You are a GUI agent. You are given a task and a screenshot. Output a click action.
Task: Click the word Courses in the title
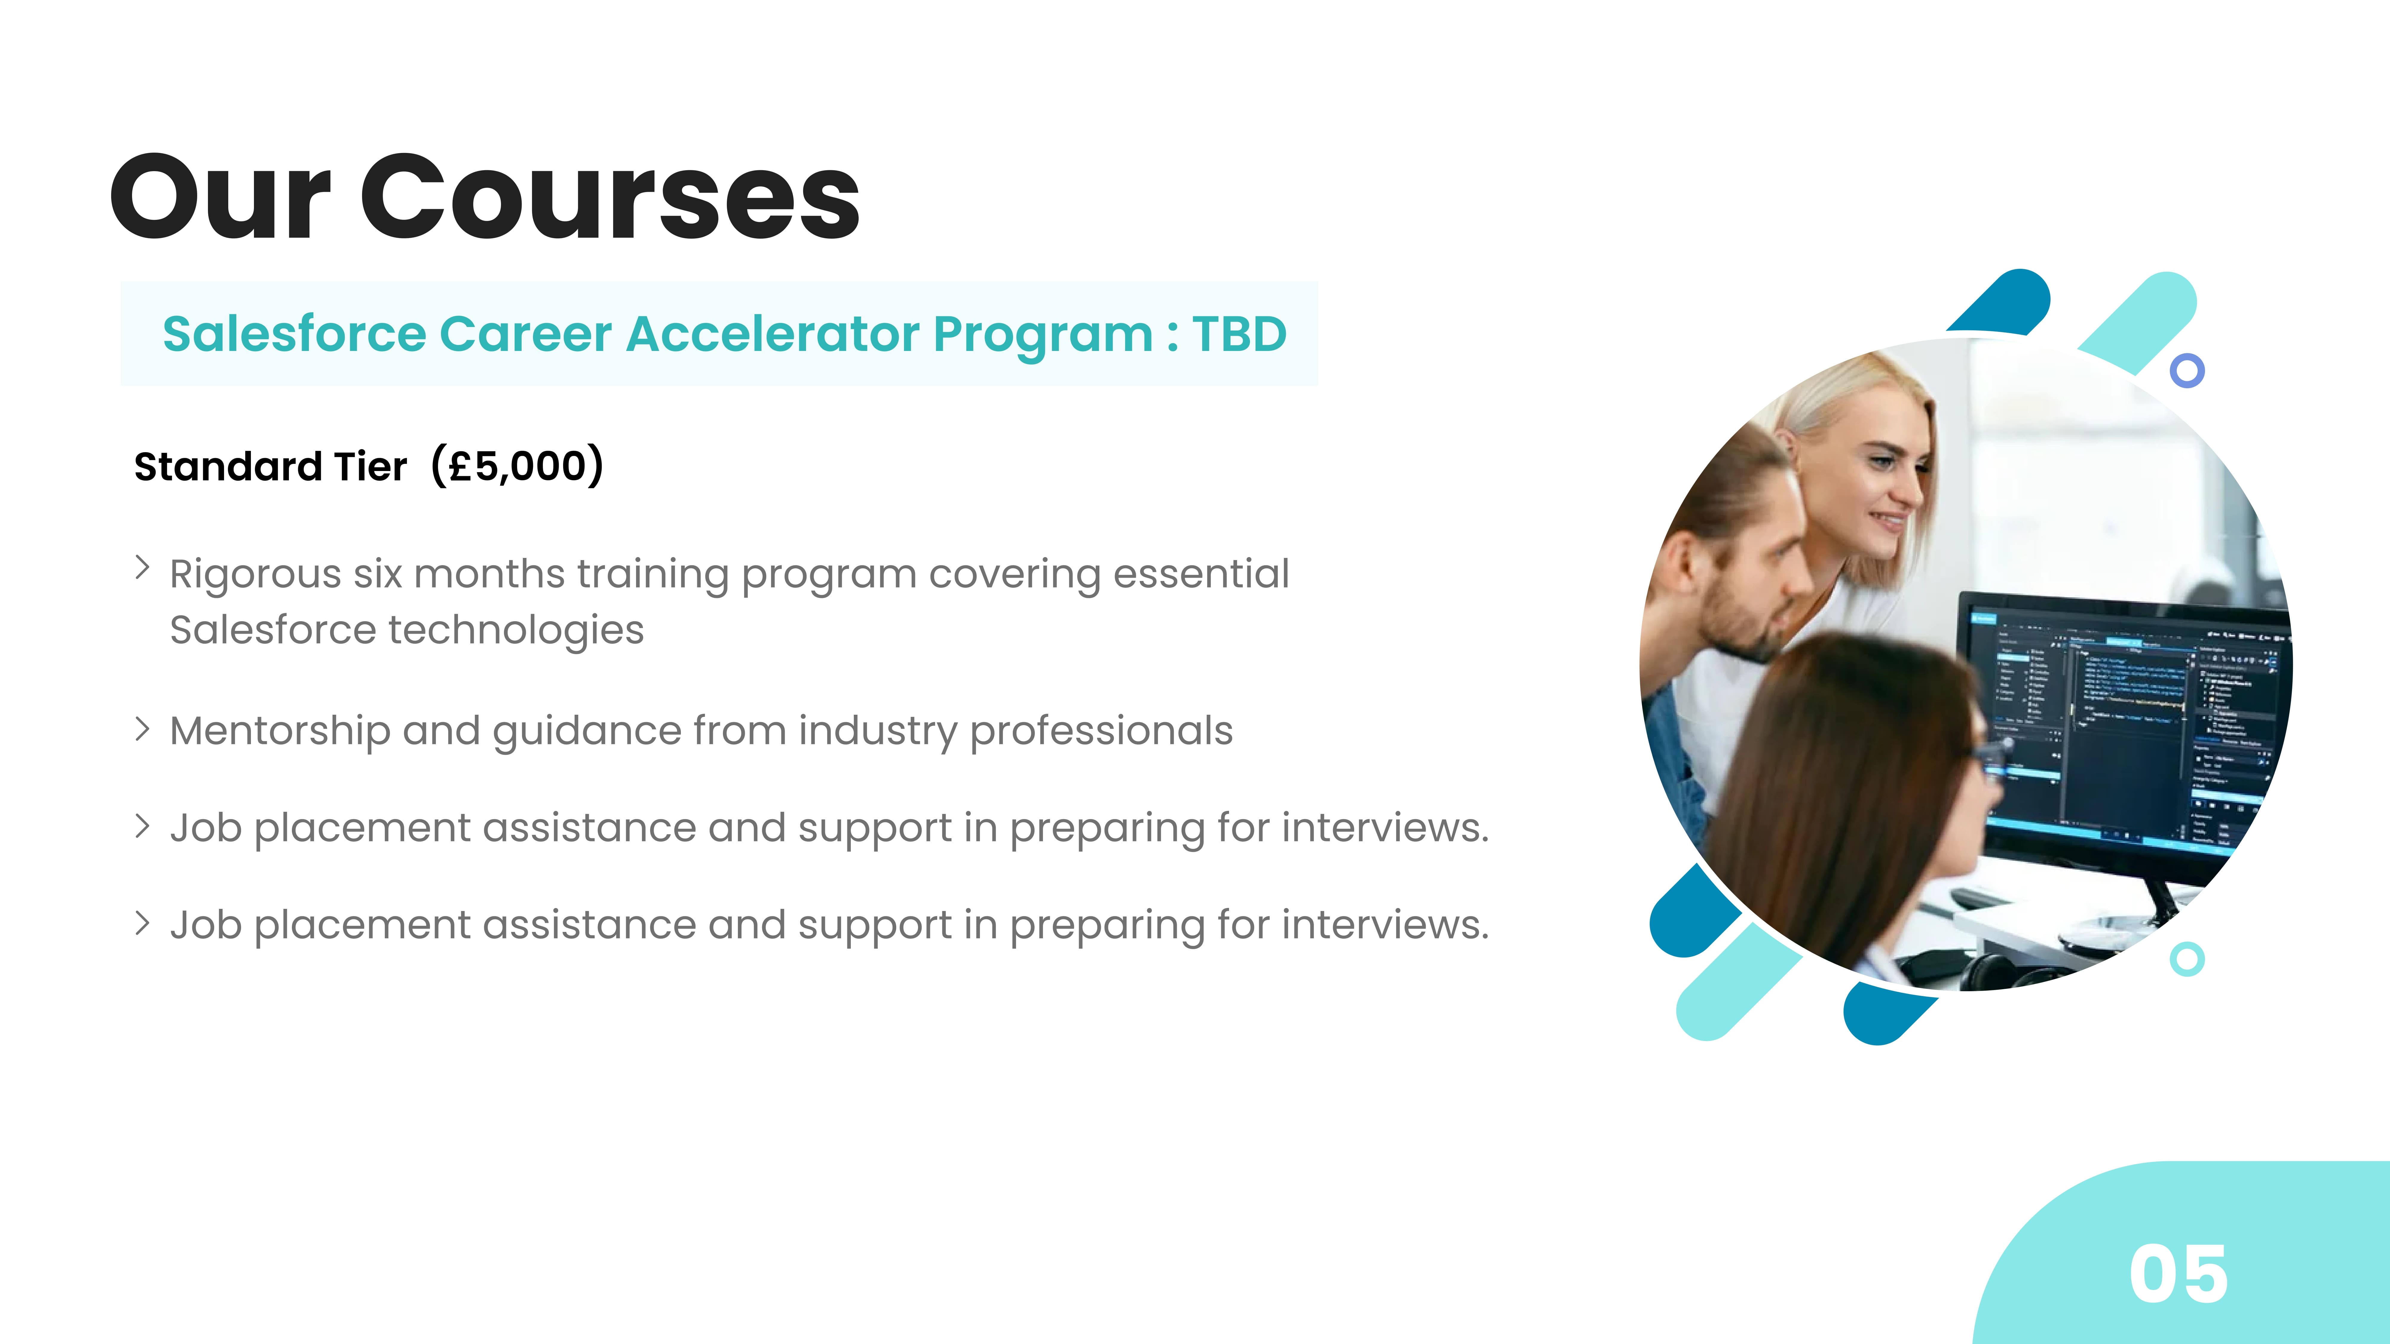[x=610, y=197]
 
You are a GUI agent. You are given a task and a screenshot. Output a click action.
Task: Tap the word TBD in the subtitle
[x=1240, y=334]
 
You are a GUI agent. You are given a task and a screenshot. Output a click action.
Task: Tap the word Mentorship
[x=280, y=732]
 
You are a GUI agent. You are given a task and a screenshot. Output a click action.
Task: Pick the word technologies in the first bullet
[x=516, y=631]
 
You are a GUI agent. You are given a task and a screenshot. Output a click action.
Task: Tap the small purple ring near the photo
[x=2187, y=370]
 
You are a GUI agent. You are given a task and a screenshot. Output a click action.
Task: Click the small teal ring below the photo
[x=2187, y=959]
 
